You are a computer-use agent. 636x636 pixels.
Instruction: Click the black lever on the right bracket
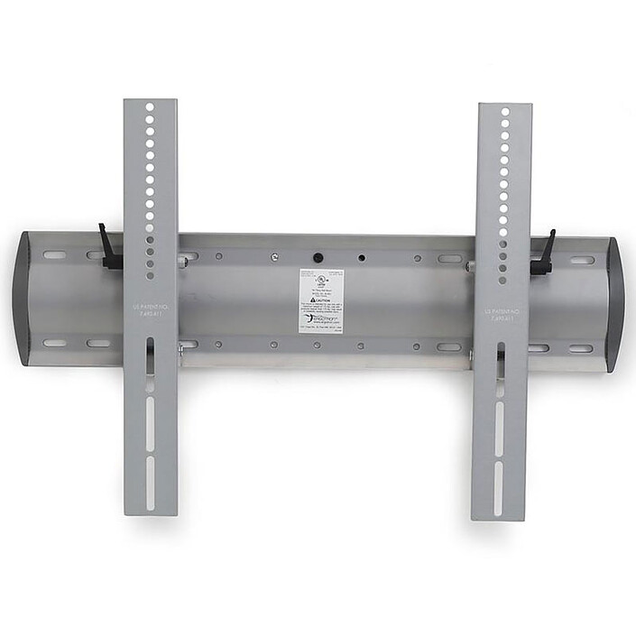(x=545, y=254)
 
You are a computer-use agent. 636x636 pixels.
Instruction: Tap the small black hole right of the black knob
(x=362, y=258)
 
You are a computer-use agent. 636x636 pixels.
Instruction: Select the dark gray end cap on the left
(x=24, y=298)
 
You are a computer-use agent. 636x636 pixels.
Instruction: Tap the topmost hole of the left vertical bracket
(x=151, y=106)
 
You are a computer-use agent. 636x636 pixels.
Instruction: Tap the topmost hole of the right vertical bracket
(x=504, y=112)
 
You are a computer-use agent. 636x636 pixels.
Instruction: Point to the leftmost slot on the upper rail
(x=55, y=254)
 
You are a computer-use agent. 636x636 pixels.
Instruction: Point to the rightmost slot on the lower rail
(x=581, y=349)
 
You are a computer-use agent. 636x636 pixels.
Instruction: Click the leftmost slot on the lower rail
(x=55, y=343)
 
